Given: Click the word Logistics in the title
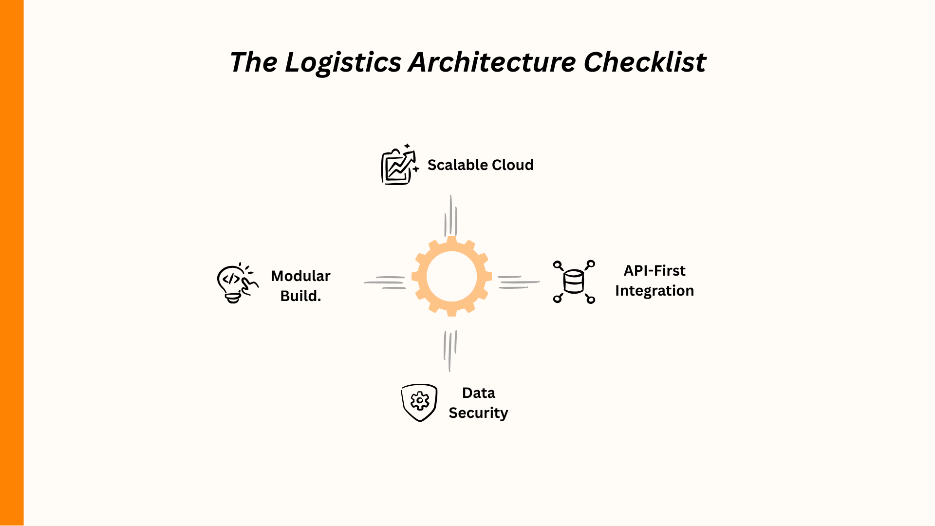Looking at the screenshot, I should click(x=343, y=63).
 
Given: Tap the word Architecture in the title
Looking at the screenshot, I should click(x=492, y=63).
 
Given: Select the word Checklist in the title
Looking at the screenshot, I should click(x=645, y=63).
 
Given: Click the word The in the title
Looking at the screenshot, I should click(x=253, y=63).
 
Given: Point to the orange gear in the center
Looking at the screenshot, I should click(x=451, y=277).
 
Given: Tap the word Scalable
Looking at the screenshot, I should click(x=455, y=165).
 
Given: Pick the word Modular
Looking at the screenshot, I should click(x=300, y=276).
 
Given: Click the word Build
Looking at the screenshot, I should click(x=300, y=296).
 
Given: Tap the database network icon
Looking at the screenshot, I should click(x=574, y=282).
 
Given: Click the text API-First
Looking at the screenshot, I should click(x=654, y=271).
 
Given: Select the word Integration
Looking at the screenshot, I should click(x=654, y=291).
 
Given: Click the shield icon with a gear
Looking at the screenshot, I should click(x=419, y=402).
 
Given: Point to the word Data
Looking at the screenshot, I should click(x=478, y=393).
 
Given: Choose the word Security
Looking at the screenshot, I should click(x=478, y=413).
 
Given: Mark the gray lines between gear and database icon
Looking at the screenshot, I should click(x=518, y=282).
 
